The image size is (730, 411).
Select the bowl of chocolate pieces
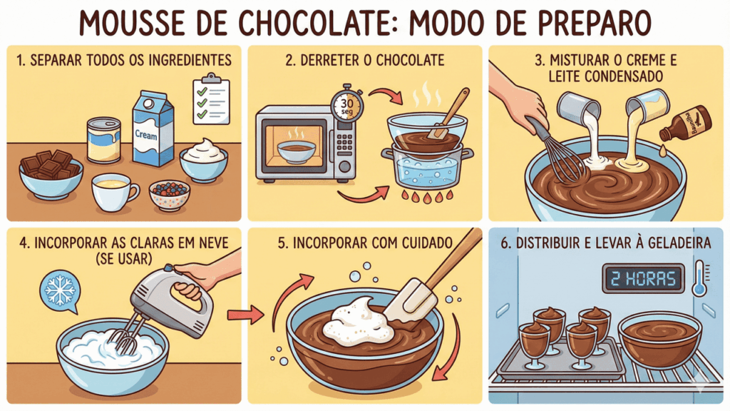click(x=51, y=174)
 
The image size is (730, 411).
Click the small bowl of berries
click(x=170, y=195)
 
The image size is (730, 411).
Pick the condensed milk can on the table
click(x=104, y=140)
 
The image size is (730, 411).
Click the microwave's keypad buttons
click(x=344, y=143)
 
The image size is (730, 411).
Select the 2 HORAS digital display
click(x=644, y=278)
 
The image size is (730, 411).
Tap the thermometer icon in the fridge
click(x=700, y=278)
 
